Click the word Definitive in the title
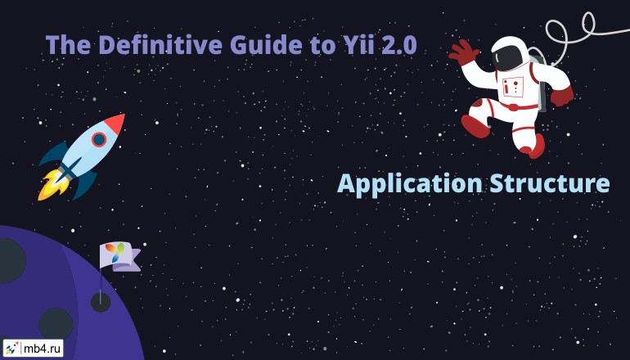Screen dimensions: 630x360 tap(160, 44)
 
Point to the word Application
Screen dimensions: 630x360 tap(409, 184)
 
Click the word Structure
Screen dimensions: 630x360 tap(550, 183)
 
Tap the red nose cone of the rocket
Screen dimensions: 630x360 tap(115, 124)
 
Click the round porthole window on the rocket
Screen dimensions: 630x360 tap(99, 139)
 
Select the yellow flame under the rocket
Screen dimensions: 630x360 tap(51, 185)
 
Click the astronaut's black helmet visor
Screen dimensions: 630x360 tap(508, 56)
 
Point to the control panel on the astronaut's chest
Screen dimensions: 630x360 tap(513, 87)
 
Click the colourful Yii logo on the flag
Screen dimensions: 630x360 tap(115, 253)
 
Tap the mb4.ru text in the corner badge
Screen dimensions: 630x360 tap(43, 349)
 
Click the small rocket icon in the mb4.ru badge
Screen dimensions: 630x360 tap(11, 349)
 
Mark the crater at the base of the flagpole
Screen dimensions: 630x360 tap(101, 302)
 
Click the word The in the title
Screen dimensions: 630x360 tap(68, 44)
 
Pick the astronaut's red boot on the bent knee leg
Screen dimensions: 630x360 tap(475, 126)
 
